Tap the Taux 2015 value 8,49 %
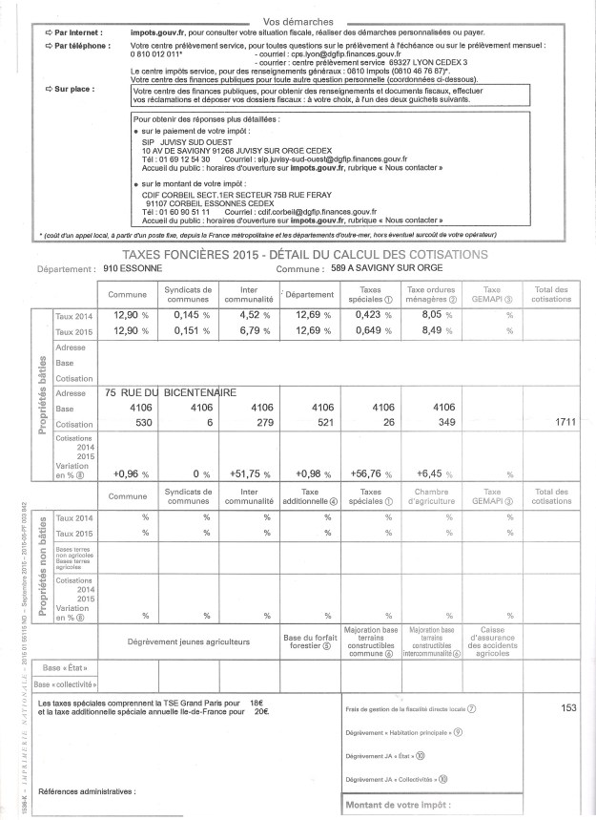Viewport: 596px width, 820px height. point(432,331)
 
